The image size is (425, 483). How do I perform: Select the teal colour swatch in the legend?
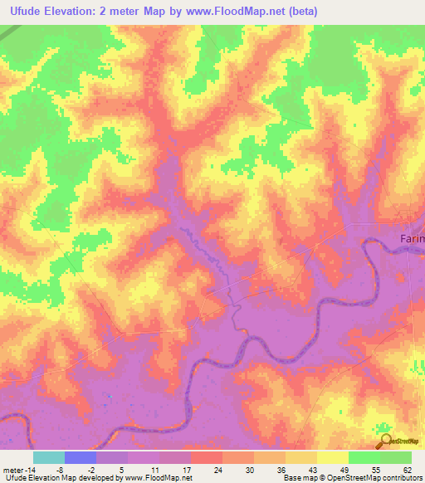click(49, 457)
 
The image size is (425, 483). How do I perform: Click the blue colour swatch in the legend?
click(81, 457)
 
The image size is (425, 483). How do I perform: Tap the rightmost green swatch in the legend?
click(396, 457)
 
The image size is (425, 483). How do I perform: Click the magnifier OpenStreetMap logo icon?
click(385, 442)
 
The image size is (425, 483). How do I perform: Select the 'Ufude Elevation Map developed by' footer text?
click(60, 479)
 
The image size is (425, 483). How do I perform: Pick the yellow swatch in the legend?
click(333, 457)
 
